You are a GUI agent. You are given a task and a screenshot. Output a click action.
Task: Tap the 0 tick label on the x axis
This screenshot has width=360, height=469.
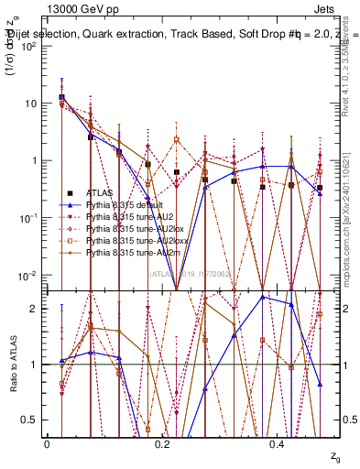pyautogui.click(x=47, y=442)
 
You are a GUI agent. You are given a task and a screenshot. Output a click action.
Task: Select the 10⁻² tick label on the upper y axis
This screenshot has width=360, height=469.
pyautogui.click(x=28, y=275)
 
